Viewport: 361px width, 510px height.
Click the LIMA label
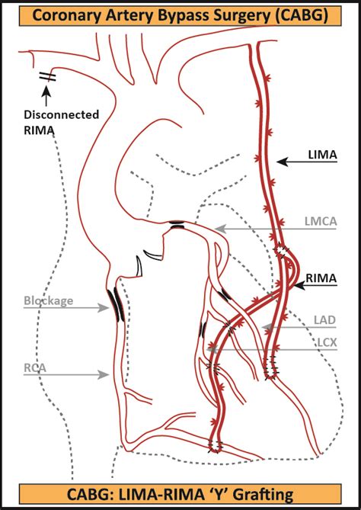point(322,155)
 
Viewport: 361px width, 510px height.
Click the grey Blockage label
point(48,300)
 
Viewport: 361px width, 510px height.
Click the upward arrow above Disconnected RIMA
point(46,95)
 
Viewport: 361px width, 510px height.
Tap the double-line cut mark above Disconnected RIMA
point(46,76)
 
